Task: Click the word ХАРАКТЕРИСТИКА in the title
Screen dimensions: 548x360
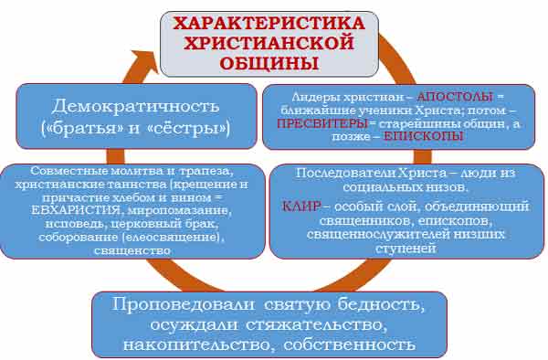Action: (269, 23)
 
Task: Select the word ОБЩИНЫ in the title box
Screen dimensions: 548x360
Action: (269, 63)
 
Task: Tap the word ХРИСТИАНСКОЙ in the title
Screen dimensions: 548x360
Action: (269, 43)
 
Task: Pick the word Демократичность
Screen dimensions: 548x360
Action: (135, 106)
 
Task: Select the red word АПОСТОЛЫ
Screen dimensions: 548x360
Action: (455, 97)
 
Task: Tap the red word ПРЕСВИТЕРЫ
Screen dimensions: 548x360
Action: (322, 123)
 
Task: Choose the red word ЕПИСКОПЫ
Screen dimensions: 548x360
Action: (424, 136)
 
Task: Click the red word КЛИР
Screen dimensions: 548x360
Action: (300, 206)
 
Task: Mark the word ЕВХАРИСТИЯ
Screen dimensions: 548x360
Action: (76, 211)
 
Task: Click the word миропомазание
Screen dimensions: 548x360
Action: (179, 211)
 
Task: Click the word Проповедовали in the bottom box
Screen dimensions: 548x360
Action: (184, 304)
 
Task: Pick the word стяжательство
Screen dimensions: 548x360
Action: (316, 324)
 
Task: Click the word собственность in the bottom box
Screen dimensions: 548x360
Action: (350, 344)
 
